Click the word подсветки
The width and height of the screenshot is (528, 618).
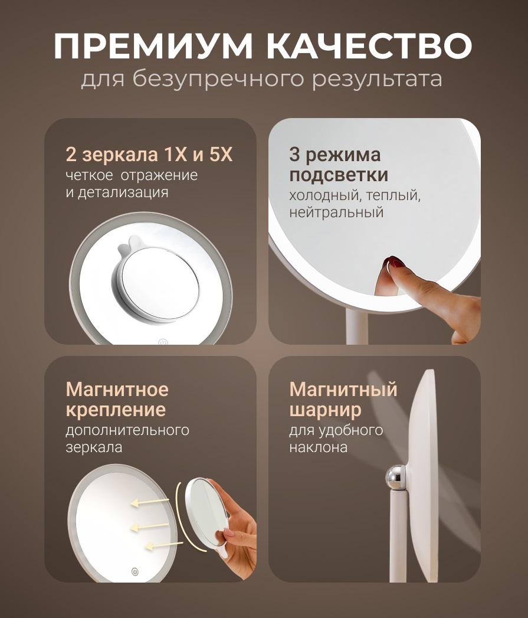339,175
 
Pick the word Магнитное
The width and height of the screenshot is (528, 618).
117,390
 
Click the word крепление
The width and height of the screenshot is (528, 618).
116,410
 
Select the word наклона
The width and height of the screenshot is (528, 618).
318,447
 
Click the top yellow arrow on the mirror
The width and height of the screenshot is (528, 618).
150,502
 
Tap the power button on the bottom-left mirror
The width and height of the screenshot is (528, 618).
135,571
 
